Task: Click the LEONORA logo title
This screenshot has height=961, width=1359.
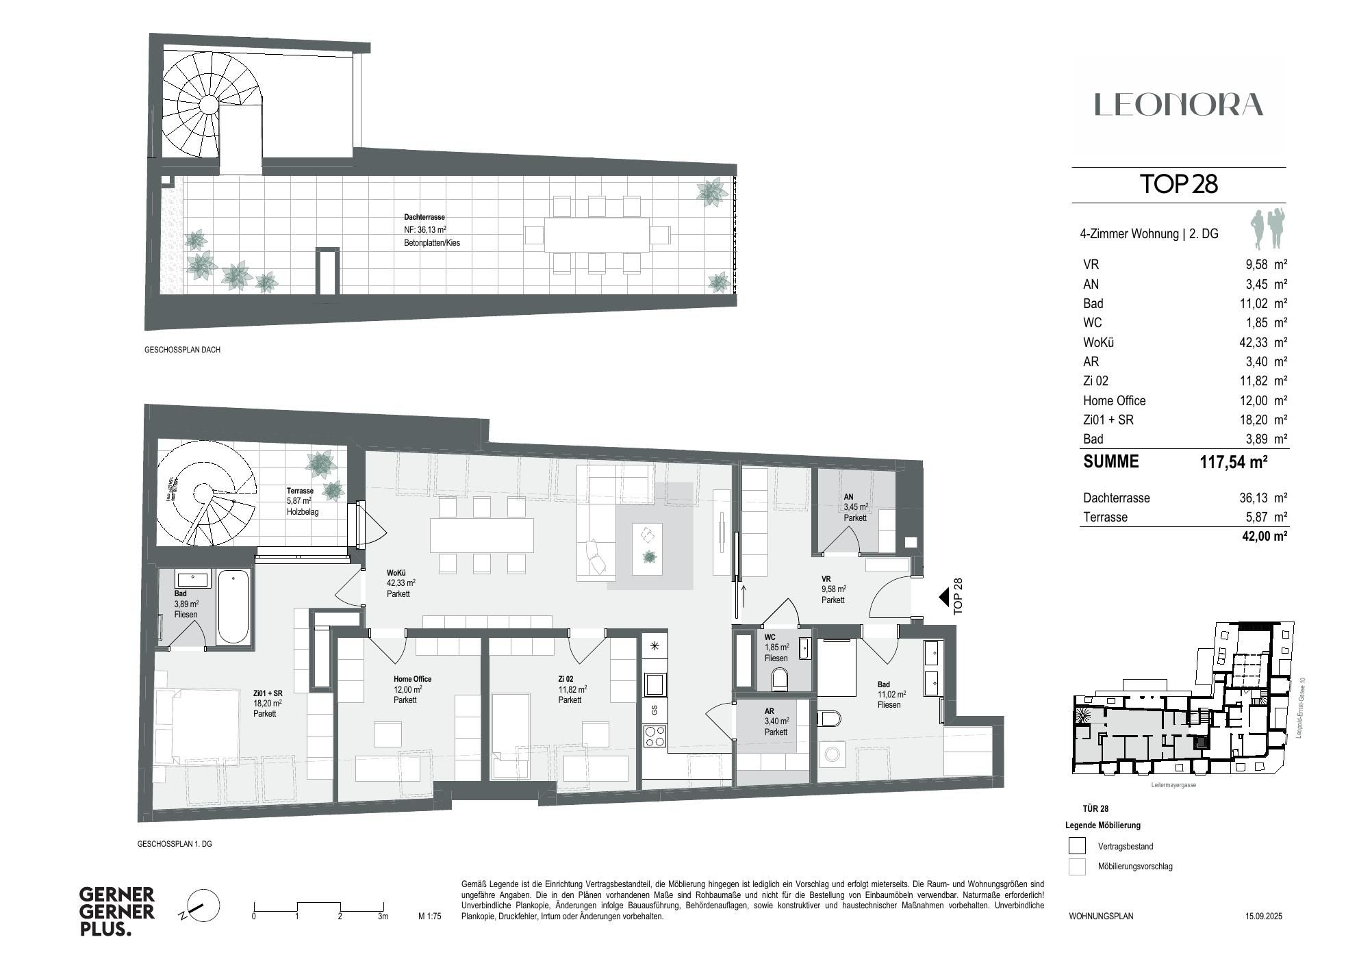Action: (1178, 105)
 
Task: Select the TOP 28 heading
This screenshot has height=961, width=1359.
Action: (1178, 184)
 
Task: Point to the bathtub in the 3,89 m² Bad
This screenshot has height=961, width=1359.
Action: (233, 606)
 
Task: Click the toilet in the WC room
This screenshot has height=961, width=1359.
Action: (780, 680)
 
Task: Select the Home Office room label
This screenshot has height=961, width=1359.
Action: (412, 679)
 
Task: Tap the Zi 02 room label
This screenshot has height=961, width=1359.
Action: (566, 679)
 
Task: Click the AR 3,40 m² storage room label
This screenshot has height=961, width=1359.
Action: (776, 721)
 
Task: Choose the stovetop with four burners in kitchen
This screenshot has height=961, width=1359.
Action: (655, 736)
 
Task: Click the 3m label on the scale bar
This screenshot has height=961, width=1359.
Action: (383, 916)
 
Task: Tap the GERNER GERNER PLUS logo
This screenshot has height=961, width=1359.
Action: (117, 911)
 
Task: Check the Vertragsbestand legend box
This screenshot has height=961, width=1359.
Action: (1077, 846)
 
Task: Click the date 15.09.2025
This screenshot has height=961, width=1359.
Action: (1263, 916)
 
